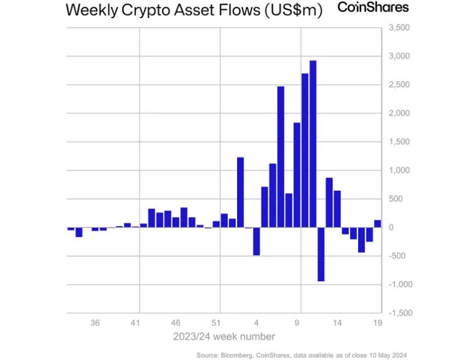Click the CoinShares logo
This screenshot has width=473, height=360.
click(x=373, y=8)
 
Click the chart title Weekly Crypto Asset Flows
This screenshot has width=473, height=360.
click(x=194, y=10)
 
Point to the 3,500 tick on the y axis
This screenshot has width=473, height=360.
click(x=399, y=28)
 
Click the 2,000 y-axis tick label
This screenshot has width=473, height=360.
click(x=399, y=114)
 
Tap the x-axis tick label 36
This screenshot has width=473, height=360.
click(x=95, y=323)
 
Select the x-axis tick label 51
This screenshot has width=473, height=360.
click(x=217, y=323)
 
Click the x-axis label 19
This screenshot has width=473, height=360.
click(x=377, y=323)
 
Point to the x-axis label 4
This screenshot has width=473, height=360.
click(x=257, y=323)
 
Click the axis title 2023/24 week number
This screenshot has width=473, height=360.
click(x=224, y=336)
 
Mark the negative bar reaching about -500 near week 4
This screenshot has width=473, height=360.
click(x=256, y=241)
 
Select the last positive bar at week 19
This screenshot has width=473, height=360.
click(x=377, y=224)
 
